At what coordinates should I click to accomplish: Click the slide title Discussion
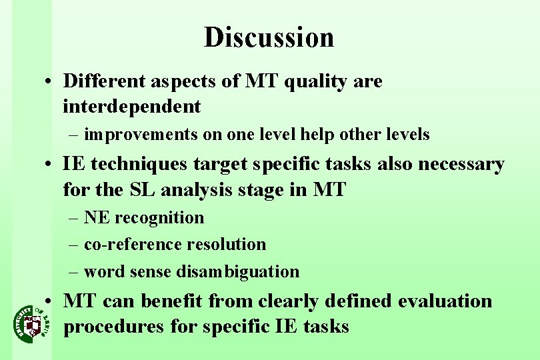269,37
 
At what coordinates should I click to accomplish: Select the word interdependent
131,106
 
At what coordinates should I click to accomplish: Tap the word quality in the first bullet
317,82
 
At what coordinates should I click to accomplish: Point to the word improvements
141,135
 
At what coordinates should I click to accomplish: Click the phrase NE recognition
144,218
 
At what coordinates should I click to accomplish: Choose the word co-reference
133,245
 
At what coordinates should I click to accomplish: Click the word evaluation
445,301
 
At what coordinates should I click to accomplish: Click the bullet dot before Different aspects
51,83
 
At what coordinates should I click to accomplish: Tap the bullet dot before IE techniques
51,165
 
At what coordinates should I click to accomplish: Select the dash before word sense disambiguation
73,272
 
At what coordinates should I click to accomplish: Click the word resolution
226,245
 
